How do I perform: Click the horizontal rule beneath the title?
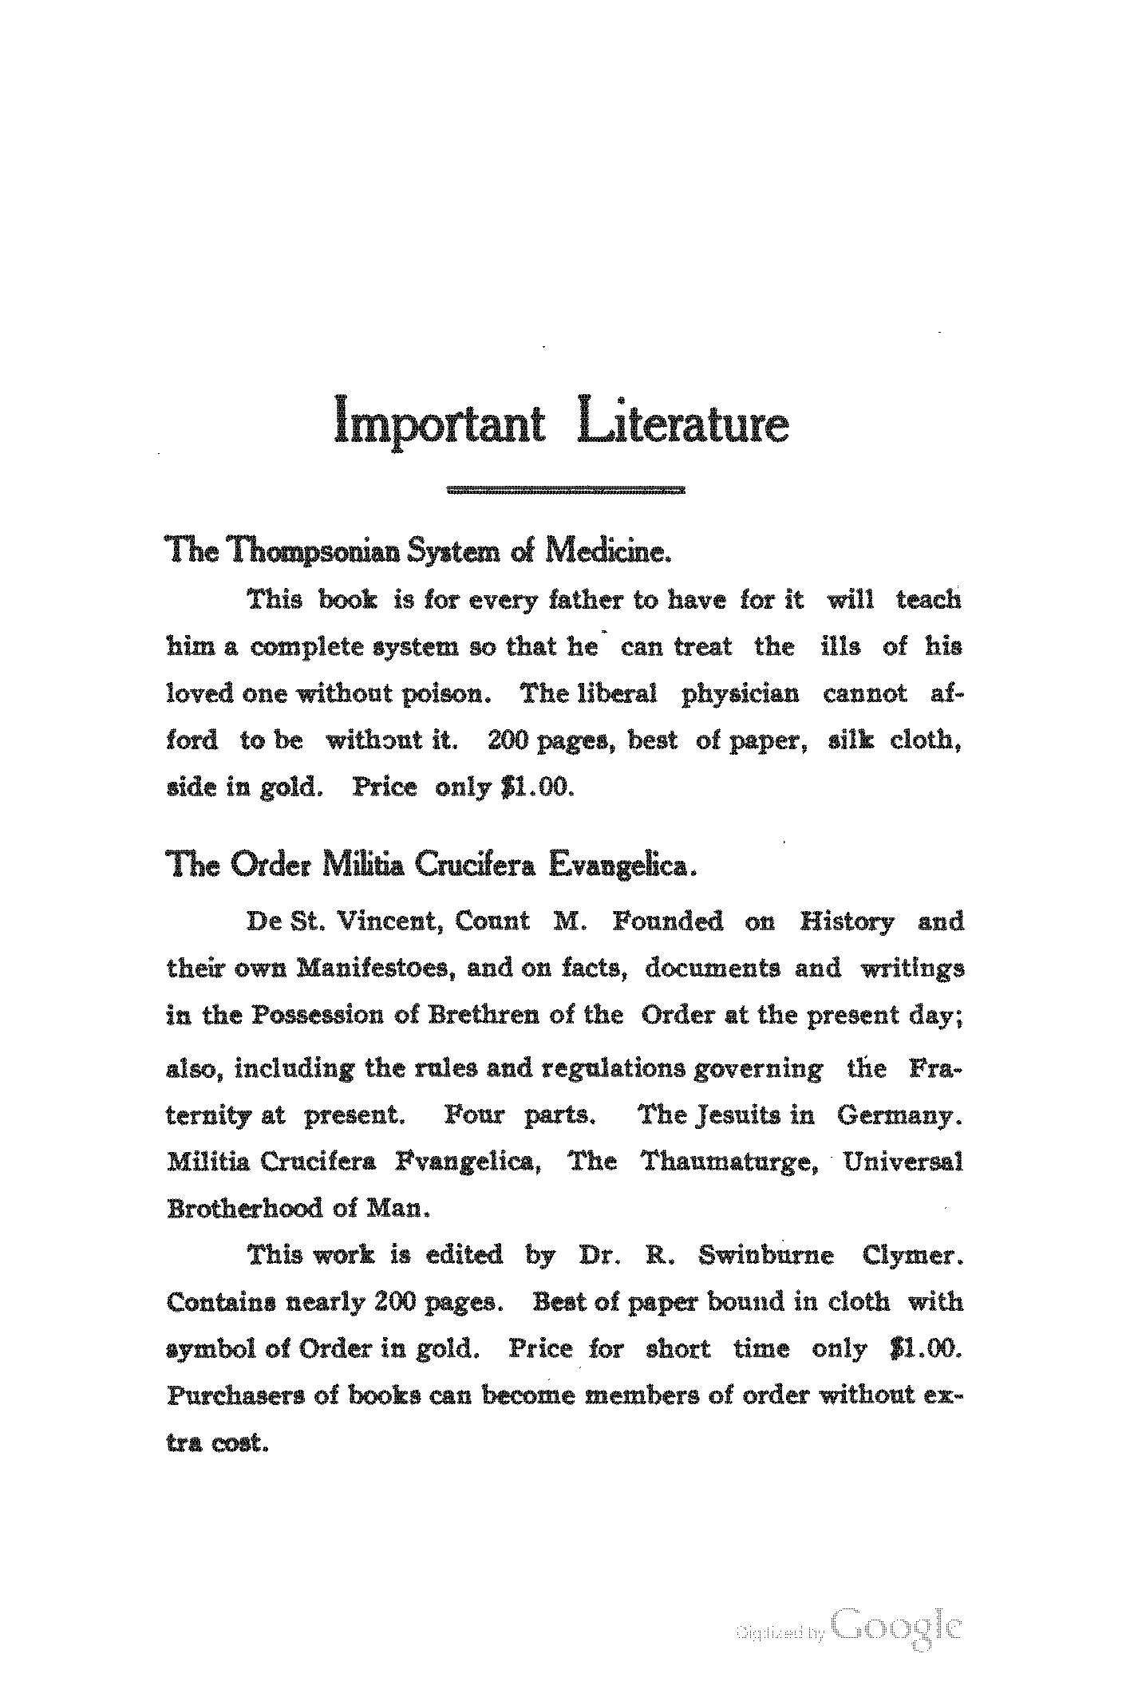pos(566,490)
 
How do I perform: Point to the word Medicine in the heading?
pos(606,550)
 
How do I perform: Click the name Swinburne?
pos(766,1256)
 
